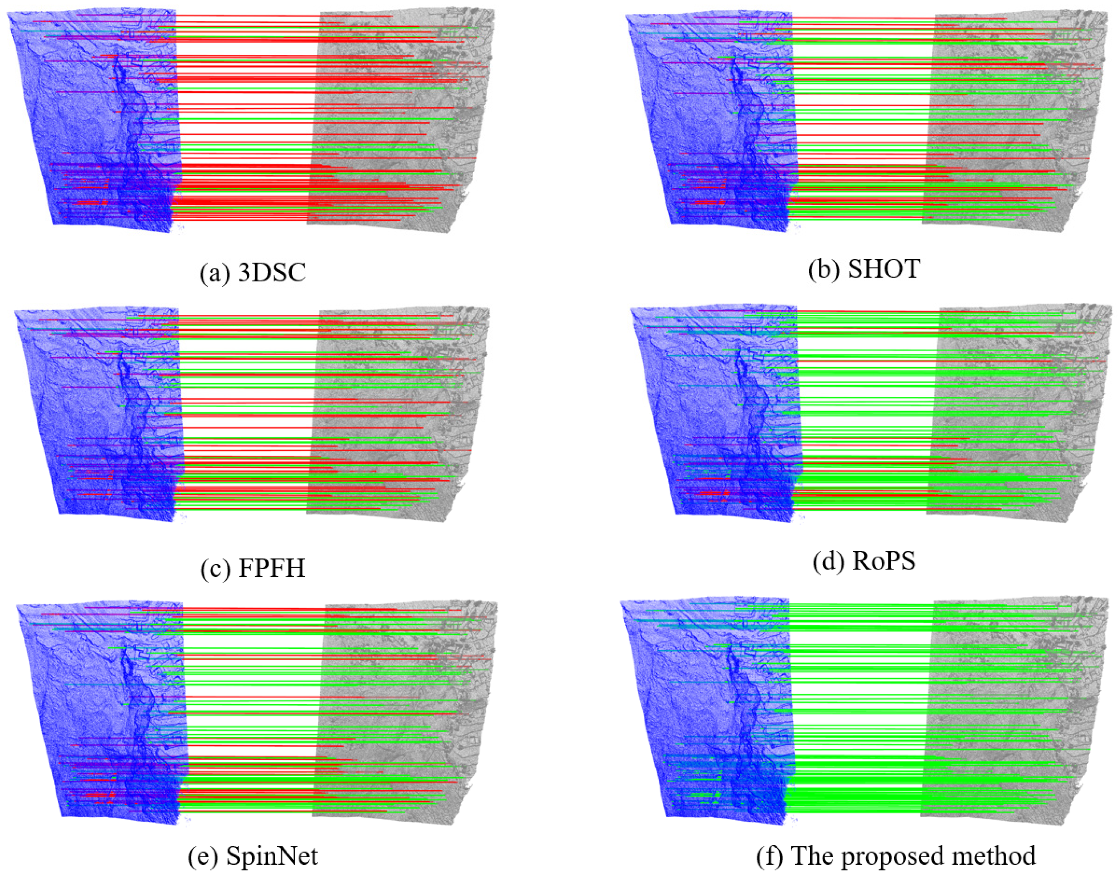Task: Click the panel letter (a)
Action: tap(215, 272)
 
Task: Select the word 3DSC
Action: tap(272, 272)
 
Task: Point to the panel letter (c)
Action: tap(215, 568)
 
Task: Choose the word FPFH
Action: tap(272, 568)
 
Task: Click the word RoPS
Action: tap(884, 561)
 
